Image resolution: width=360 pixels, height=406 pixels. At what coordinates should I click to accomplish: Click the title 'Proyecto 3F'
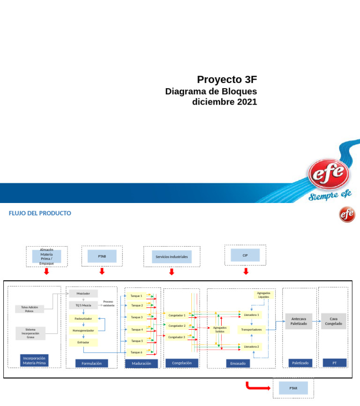pyautogui.click(x=227, y=79)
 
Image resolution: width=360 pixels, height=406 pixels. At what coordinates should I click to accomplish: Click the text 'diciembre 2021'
pyautogui.click(x=225, y=102)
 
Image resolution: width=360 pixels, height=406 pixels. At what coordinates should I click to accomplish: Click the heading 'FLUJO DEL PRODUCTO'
pyautogui.click(x=40, y=213)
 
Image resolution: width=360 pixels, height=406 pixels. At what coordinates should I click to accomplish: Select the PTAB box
pyautogui.click(x=102, y=256)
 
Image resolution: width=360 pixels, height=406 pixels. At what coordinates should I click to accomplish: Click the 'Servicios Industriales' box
pyautogui.click(x=172, y=257)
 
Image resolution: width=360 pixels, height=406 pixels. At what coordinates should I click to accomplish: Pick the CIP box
pyautogui.click(x=245, y=256)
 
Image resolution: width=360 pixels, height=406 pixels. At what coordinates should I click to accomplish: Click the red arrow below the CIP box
pyautogui.click(x=246, y=271)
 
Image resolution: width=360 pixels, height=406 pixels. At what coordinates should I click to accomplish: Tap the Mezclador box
pyautogui.click(x=83, y=293)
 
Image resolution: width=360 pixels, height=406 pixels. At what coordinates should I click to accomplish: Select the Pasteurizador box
pyautogui.click(x=83, y=318)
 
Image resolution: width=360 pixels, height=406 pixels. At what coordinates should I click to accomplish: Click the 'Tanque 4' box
pyautogui.click(x=136, y=330)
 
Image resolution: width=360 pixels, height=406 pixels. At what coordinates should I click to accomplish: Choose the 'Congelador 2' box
pyautogui.click(x=177, y=326)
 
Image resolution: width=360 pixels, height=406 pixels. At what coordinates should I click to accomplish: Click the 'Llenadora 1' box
pyautogui.click(x=252, y=315)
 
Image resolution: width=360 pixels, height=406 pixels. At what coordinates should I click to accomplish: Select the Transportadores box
pyautogui.click(x=252, y=330)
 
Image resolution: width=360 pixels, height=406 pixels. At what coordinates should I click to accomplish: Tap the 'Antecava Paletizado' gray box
pyautogui.click(x=299, y=321)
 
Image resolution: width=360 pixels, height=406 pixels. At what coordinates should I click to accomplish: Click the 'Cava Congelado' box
pyautogui.click(x=334, y=321)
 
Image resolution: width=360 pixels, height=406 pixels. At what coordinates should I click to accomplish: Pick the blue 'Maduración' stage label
pyautogui.click(x=142, y=363)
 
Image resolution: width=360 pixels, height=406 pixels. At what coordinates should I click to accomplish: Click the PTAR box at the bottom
pyautogui.click(x=293, y=388)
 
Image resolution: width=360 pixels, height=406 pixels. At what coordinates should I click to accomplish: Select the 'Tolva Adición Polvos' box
pyautogui.click(x=30, y=309)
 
